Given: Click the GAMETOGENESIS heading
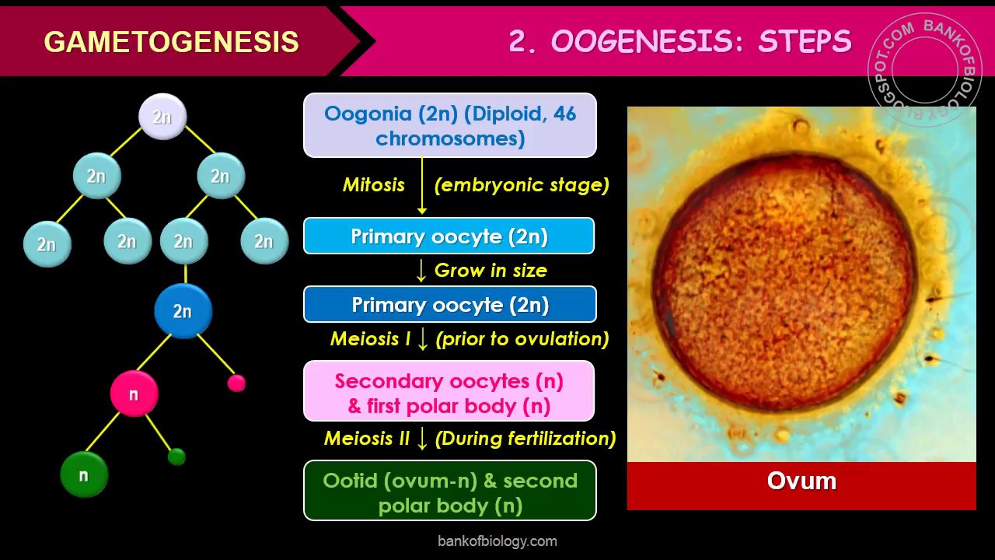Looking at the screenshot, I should (x=171, y=41).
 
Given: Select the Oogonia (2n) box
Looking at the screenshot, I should (x=449, y=125).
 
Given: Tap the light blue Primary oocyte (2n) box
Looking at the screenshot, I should (x=449, y=236).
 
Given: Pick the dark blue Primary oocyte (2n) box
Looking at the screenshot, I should (x=449, y=305).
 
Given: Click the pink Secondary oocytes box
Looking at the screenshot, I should (x=449, y=393).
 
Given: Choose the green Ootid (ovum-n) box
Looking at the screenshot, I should (x=449, y=492).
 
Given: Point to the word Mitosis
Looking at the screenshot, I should (x=374, y=185).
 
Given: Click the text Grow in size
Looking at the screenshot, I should (x=491, y=271).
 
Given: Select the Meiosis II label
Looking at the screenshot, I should (x=366, y=439).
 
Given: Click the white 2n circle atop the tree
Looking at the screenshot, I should (x=162, y=117).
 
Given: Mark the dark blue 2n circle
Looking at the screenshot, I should (x=183, y=311).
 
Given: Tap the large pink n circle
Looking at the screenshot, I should (x=134, y=394).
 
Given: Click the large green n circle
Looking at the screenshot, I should (x=83, y=475).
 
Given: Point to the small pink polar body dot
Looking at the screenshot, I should (x=236, y=383).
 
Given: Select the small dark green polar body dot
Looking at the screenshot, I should (x=176, y=457).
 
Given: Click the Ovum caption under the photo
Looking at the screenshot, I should (x=801, y=481).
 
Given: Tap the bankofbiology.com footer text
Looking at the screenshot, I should (x=497, y=541).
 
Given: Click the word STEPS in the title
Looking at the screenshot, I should (x=805, y=41).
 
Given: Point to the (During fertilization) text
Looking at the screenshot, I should (x=525, y=439).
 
